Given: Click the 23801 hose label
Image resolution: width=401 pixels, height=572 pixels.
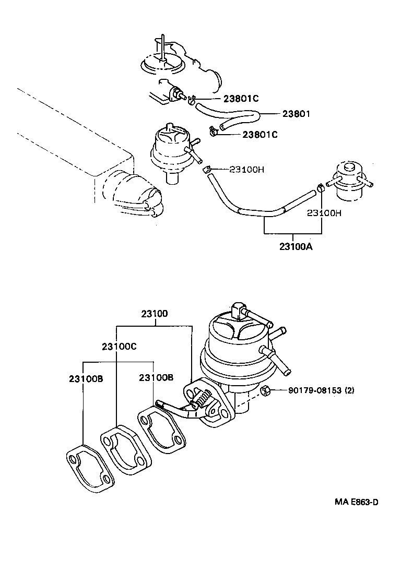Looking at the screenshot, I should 297,114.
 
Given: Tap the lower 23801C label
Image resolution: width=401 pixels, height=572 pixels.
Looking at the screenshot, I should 260,135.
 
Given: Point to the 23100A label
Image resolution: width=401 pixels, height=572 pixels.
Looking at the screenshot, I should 292,247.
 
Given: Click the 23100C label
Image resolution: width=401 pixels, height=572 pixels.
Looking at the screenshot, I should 119,347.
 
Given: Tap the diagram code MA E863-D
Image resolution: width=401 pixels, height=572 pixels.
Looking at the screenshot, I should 357,502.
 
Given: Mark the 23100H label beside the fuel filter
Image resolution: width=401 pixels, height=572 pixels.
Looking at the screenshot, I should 324,213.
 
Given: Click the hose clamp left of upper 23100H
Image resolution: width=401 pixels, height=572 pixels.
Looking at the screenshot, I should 207,169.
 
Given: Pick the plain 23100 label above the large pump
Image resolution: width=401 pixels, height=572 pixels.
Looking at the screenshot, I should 154,314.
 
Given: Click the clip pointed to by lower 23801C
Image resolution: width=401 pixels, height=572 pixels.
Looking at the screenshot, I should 213,132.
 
